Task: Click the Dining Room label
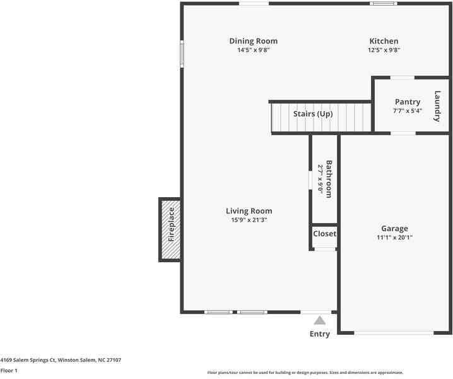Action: pyautogui.click(x=253, y=41)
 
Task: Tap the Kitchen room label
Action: pyautogui.click(x=384, y=41)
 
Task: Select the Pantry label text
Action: pyautogui.click(x=407, y=102)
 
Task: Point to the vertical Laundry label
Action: pyautogui.click(x=437, y=106)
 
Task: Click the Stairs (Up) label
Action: pyautogui.click(x=312, y=114)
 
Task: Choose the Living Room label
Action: pyautogui.click(x=249, y=211)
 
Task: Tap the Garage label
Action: pyautogui.click(x=394, y=229)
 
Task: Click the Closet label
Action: pyautogui.click(x=324, y=234)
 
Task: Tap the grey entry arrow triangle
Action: pyautogui.click(x=320, y=320)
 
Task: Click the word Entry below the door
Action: pyautogui.click(x=319, y=334)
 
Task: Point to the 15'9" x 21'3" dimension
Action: pyautogui.click(x=249, y=220)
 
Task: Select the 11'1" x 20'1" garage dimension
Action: pyautogui.click(x=394, y=238)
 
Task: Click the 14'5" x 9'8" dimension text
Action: pyautogui.click(x=253, y=50)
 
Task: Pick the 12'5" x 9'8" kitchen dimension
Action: pyautogui.click(x=384, y=50)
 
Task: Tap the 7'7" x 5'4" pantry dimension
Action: pyautogui.click(x=407, y=111)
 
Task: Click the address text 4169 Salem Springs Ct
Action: pyautogui.click(x=61, y=360)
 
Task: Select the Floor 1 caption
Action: pyautogui.click(x=9, y=371)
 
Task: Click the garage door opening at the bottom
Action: pyautogui.click(x=394, y=333)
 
